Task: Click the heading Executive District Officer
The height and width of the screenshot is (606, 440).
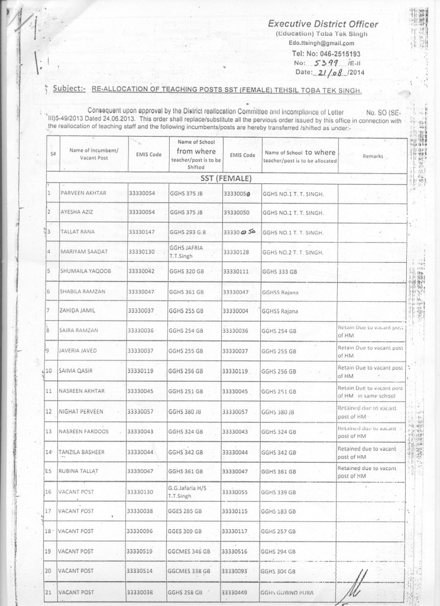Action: (x=323, y=24)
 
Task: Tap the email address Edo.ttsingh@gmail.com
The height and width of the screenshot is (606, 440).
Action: (x=322, y=43)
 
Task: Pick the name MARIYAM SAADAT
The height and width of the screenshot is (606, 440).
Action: (x=83, y=252)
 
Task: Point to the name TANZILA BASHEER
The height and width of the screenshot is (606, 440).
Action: (x=82, y=452)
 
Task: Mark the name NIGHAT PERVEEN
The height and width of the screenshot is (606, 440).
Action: (x=82, y=411)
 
